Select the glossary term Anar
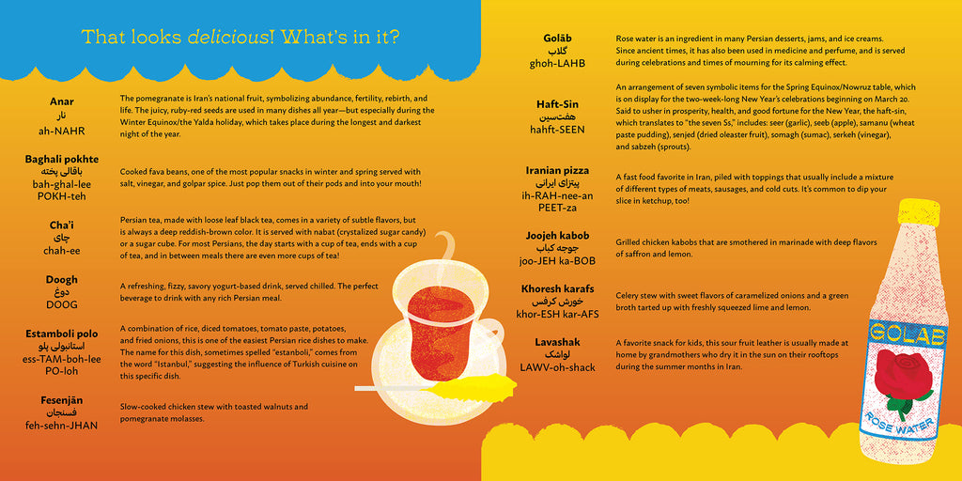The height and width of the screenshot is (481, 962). click(x=61, y=101)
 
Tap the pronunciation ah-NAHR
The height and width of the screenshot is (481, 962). click(x=61, y=132)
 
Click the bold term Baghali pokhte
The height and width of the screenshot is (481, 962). click(x=61, y=160)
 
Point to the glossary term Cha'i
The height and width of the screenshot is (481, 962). click(x=61, y=225)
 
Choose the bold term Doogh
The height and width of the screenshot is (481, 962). click(x=61, y=279)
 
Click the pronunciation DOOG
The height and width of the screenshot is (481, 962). click(x=61, y=305)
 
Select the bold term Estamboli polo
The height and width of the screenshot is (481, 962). click(x=61, y=333)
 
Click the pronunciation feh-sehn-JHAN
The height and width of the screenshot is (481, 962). click(x=61, y=426)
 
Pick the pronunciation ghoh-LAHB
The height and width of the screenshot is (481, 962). click(x=557, y=64)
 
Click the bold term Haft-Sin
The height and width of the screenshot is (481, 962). click(x=557, y=105)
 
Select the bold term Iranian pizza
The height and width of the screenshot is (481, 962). click(x=557, y=170)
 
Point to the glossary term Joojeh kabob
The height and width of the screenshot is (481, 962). click(x=557, y=235)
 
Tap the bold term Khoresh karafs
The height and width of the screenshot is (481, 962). click(x=557, y=288)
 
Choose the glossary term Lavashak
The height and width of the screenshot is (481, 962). click(x=557, y=342)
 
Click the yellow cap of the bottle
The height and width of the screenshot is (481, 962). click(x=917, y=214)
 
